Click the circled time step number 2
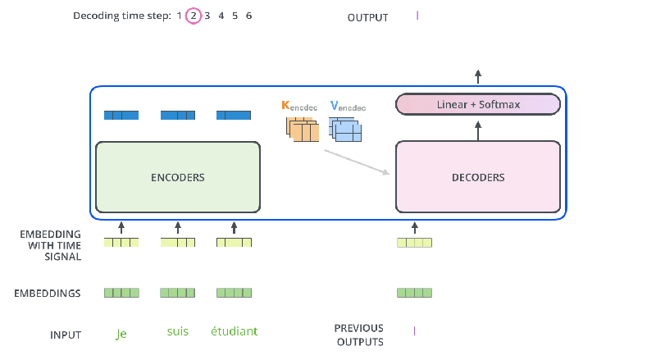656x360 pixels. coord(194,16)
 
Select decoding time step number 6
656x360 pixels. coord(248,16)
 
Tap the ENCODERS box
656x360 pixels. coord(178,177)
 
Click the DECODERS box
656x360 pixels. coord(478,176)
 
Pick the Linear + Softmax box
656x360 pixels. coord(478,104)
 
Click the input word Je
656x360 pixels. coord(121,334)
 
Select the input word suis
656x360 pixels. coord(178,331)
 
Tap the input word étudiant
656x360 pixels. coord(235,331)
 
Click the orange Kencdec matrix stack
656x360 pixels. coord(303,130)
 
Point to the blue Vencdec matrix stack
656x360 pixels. coord(345,130)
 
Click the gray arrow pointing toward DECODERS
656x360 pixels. coord(357,162)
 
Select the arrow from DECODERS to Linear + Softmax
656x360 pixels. coord(478,130)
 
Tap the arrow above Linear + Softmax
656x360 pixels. coord(478,76)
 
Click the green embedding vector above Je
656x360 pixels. coord(121,293)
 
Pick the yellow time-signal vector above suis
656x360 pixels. coord(178,243)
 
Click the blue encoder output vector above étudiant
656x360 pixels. coord(234,115)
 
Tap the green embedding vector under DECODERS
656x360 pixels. coord(414,293)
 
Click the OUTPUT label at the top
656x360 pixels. coord(367,17)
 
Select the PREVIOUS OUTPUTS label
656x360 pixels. coord(360,335)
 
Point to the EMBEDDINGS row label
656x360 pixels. coord(48,294)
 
